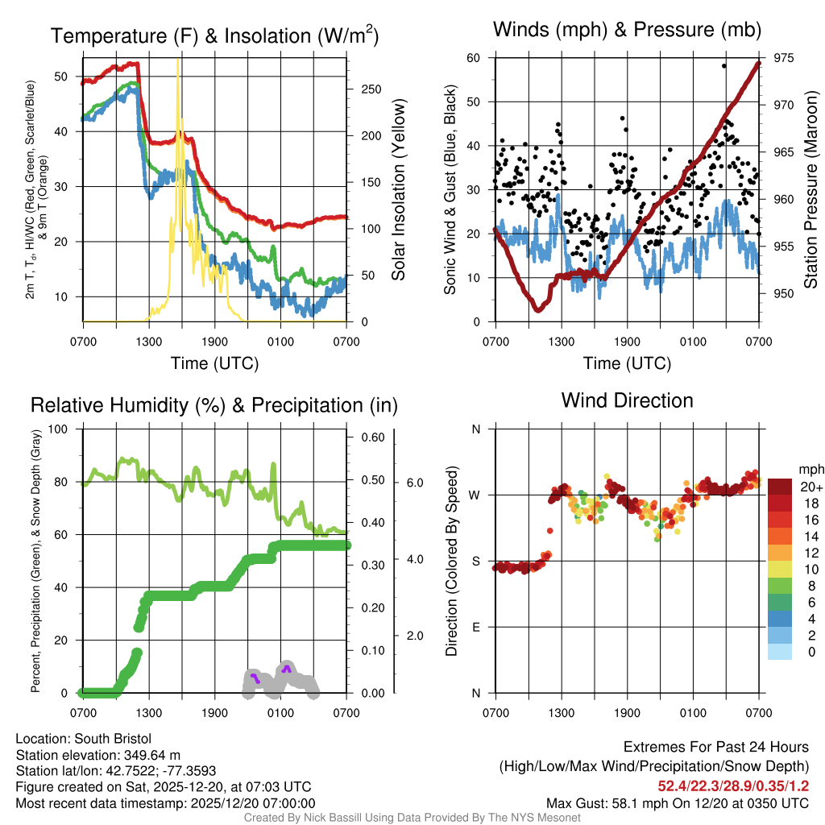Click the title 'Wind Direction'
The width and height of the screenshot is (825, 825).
[x=627, y=400]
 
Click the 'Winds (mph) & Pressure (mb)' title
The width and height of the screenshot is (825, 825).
[x=627, y=31]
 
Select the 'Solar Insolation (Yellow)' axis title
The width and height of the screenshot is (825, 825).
[x=398, y=189]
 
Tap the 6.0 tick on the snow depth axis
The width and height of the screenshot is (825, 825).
[x=415, y=483]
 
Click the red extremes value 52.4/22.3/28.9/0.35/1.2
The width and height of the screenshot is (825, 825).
[x=733, y=786]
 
